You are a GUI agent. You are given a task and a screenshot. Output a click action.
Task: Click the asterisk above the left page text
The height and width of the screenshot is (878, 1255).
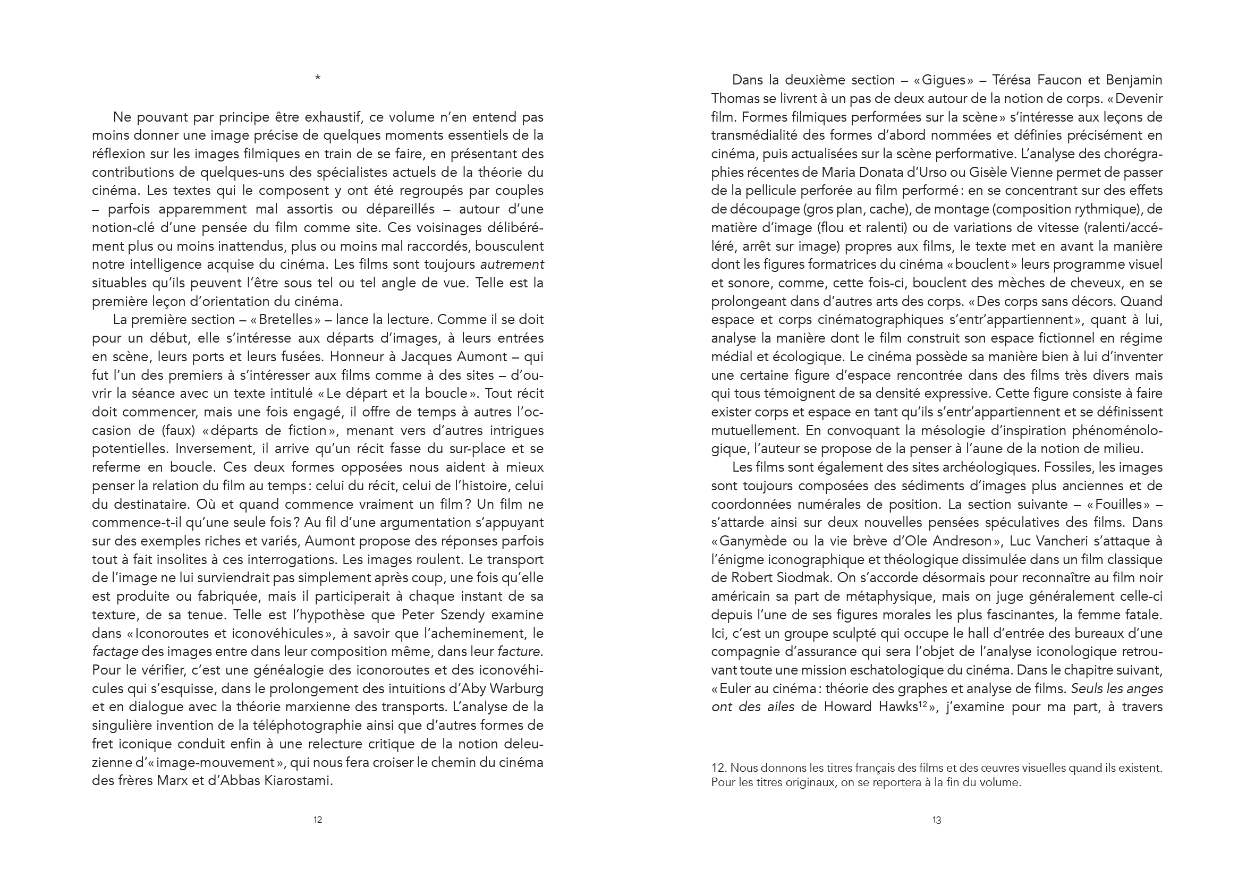[318, 79]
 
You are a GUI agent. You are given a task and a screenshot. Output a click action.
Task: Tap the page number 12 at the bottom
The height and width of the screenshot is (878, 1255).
[318, 820]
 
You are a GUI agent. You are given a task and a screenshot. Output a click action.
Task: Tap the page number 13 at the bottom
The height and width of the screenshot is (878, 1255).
[936, 820]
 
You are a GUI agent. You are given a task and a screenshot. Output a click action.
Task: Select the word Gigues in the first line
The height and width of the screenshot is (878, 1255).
[944, 80]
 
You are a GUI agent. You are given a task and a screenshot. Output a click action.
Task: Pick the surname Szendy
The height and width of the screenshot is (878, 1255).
[459, 615]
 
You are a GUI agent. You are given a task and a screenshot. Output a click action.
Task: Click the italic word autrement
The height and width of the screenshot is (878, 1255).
[512, 265]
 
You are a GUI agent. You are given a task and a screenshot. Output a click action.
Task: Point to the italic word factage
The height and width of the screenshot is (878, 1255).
[115, 652]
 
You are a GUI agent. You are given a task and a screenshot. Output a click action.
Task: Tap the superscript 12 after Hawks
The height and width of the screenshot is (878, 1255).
[924, 704]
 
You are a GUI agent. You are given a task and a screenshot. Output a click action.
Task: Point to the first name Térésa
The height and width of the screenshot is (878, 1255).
[1019, 80]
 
